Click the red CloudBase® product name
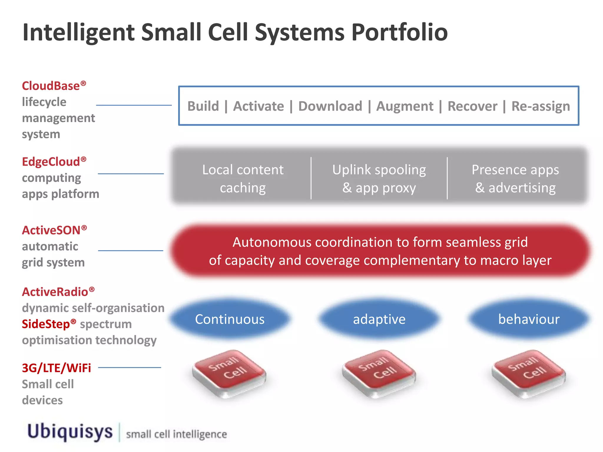54,86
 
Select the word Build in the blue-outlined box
203,106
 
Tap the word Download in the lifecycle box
330,106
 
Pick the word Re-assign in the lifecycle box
541,106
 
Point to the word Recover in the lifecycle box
472,106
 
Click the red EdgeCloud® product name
54,162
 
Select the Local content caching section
243,179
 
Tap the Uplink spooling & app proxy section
379,179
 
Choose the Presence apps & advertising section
515,179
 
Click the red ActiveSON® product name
54,230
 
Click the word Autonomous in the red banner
272,242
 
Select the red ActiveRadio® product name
58,292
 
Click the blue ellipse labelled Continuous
230,319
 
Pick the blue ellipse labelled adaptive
379,319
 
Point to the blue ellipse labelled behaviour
529,319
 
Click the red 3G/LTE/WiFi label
57,368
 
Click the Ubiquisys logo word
70,432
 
